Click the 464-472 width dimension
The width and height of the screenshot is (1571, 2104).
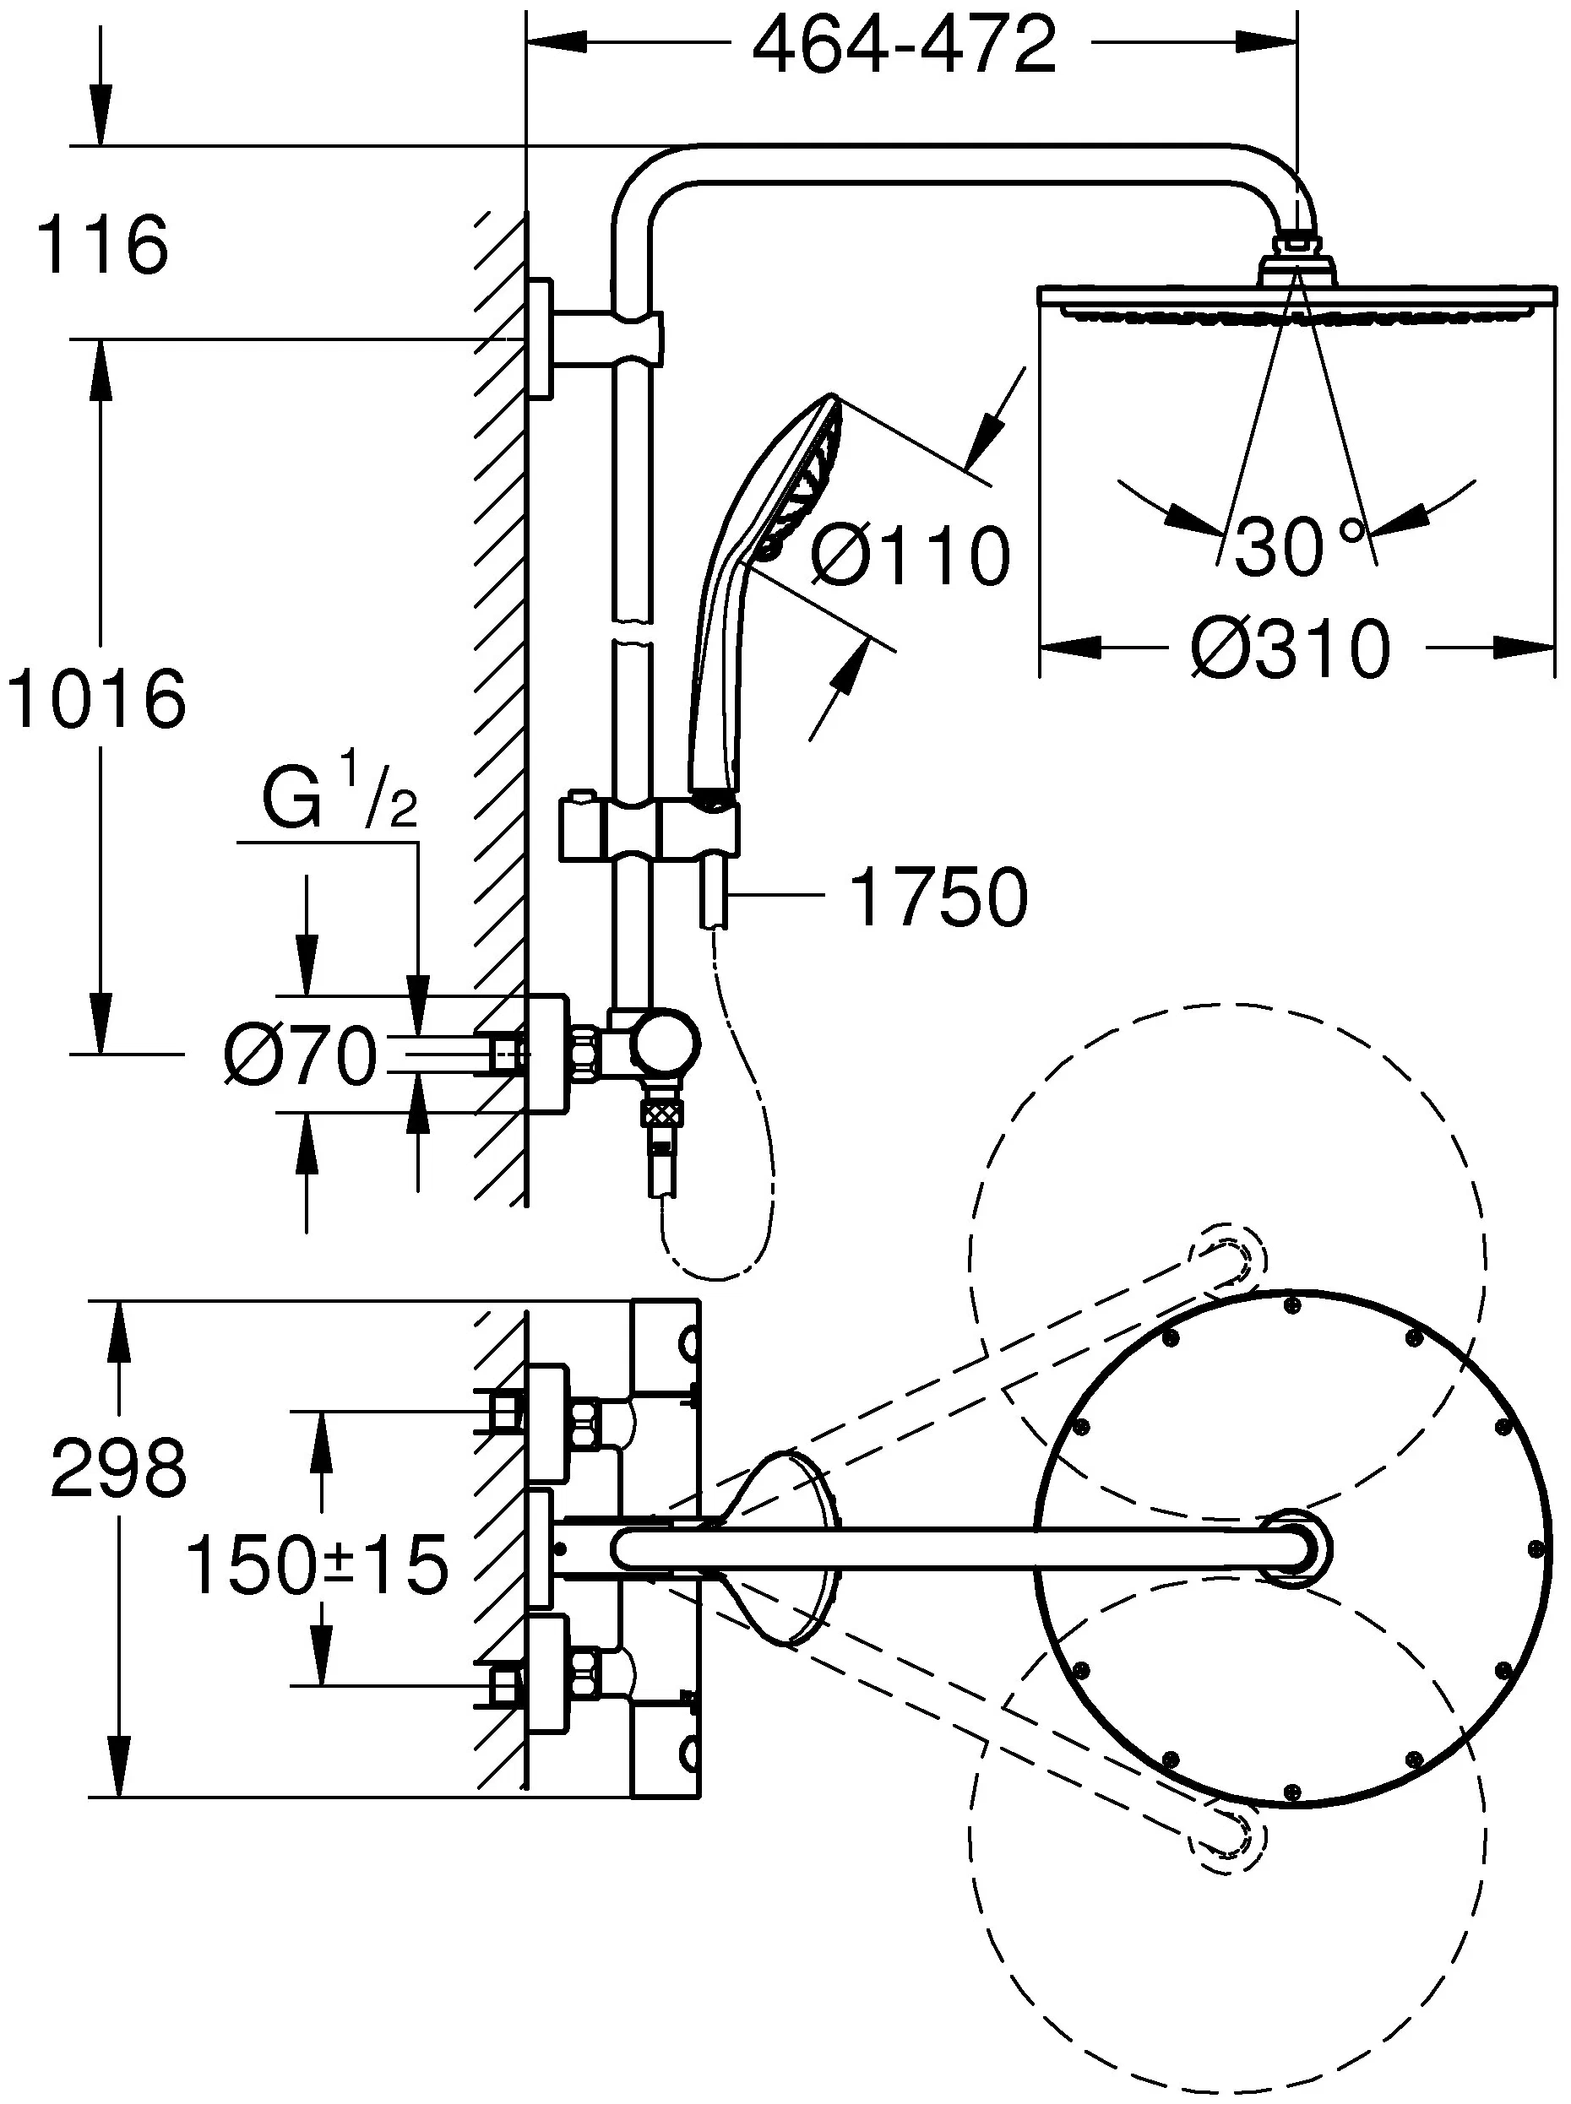904,46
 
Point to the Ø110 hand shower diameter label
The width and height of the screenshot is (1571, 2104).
910,556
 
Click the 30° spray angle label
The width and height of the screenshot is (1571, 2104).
1298,546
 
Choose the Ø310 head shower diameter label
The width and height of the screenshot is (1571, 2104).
1291,650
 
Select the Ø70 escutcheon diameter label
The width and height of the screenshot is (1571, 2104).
301,1056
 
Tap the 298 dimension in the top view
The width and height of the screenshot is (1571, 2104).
119,1492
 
